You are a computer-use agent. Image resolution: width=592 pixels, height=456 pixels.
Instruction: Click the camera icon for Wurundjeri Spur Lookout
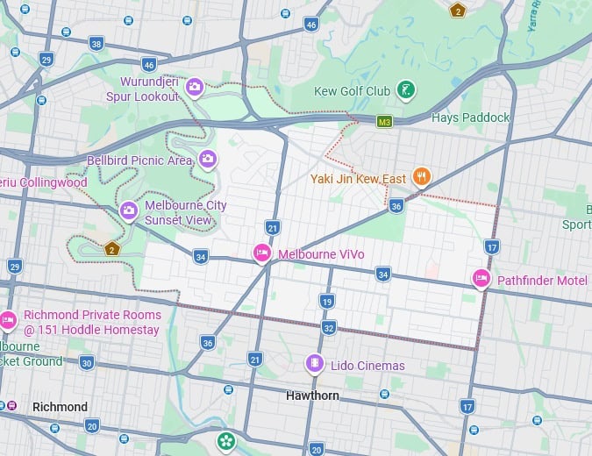(195, 86)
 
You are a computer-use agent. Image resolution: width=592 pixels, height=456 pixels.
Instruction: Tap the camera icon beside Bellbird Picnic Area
(208, 159)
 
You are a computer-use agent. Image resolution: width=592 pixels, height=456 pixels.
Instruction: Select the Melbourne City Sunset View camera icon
(129, 210)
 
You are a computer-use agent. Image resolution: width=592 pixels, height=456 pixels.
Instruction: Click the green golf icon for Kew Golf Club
(406, 89)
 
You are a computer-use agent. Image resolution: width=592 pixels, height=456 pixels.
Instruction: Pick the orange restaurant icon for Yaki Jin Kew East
(422, 177)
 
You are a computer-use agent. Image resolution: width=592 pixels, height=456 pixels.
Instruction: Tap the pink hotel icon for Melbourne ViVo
(261, 253)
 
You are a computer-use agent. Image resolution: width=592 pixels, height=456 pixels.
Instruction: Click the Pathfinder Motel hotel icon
(481, 279)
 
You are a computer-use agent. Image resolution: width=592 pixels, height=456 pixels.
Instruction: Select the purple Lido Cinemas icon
(314, 363)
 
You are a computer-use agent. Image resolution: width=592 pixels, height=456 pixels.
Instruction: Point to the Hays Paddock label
(470, 118)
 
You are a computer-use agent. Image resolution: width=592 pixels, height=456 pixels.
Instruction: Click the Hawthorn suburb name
(312, 395)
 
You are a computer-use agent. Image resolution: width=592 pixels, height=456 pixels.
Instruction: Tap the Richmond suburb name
(60, 407)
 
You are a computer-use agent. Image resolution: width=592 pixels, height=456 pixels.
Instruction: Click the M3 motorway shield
(384, 121)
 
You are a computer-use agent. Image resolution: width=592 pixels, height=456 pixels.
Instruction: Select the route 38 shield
(96, 43)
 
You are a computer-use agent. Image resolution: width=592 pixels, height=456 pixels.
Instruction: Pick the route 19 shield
(327, 301)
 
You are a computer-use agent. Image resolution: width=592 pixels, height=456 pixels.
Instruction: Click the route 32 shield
(329, 327)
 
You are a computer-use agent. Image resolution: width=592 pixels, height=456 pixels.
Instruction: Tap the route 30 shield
(86, 362)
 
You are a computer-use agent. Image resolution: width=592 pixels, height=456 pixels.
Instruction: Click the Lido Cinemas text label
(367, 365)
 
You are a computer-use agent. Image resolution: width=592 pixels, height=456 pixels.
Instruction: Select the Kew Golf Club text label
(352, 91)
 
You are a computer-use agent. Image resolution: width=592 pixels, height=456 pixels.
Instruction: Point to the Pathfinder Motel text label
(542, 281)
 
